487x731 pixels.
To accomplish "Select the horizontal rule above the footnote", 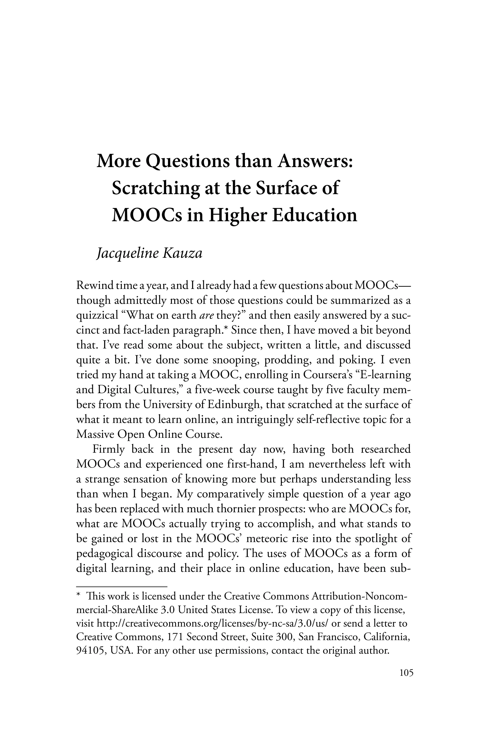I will pos(122,586).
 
